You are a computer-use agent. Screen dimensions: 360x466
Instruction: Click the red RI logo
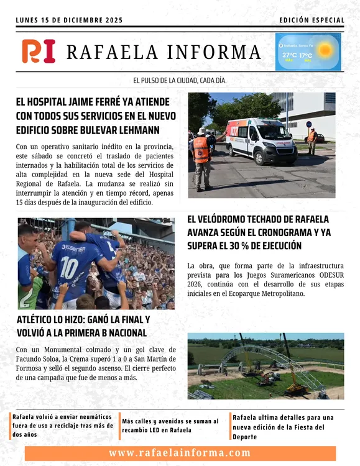coord(39,51)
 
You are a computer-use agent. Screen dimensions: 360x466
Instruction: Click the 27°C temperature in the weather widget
coord(289,56)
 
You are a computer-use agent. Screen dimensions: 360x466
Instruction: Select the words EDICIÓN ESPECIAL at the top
coord(312,21)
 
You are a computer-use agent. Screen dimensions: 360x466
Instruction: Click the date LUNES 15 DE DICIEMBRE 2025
coord(69,21)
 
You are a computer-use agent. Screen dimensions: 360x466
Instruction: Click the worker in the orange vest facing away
coord(201,155)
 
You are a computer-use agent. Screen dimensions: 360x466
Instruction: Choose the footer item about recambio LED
coord(172,426)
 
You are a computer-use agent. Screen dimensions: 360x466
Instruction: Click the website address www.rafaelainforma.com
coord(180,453)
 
